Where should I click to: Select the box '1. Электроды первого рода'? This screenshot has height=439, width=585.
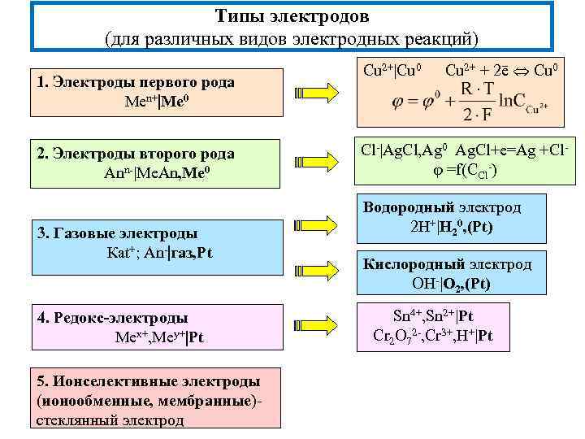point(154,92)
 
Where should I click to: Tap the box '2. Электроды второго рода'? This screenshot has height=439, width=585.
point(154,163)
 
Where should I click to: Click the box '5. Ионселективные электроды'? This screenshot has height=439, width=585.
point(154,400)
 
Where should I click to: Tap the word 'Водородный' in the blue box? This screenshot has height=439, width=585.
point(404,207)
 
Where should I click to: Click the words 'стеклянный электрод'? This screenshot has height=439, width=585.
point(110,419)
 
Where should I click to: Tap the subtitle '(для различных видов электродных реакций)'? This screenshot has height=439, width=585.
point(292,38)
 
